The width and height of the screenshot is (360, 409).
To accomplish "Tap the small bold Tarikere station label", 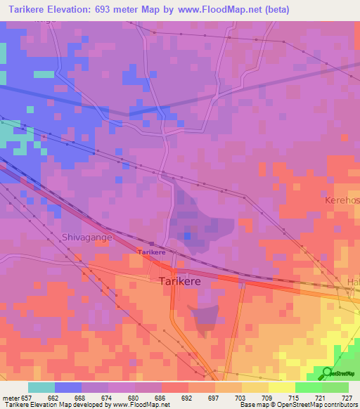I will point(151,252).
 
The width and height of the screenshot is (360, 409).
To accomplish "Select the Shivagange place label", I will point(86,238).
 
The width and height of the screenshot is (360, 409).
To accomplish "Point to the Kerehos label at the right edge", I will point(342,200).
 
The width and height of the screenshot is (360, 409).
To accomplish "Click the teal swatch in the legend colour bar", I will point(41,387).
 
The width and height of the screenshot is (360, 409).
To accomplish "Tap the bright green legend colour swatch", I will point(309,387).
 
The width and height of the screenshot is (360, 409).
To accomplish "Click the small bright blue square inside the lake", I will point(187,236).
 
